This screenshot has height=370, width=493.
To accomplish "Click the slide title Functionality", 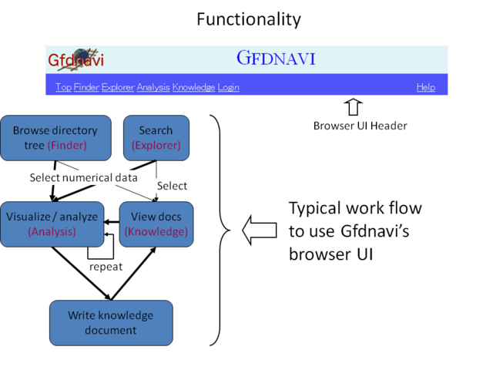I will pos(248,18).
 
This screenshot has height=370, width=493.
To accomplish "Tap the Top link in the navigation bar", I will pos(63,87).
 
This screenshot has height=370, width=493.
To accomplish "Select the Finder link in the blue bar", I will pos(86,87).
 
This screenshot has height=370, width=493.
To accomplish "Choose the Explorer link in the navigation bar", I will pos(118,87).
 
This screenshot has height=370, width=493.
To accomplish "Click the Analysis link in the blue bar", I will pos(153,87).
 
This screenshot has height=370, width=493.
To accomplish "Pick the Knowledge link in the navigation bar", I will pos(193,87).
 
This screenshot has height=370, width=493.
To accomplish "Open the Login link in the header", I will pos(229,87).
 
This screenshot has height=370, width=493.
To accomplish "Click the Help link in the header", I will pos(426,87).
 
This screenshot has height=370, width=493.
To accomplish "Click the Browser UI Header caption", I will pos(361,126).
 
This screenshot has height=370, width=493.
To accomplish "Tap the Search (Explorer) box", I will pos(156,137).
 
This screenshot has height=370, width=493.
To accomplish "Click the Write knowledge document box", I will pos(111,322).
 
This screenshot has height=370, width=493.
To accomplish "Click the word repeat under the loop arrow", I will pos(106,267).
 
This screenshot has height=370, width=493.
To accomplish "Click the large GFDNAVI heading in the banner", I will pos(275,58).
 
